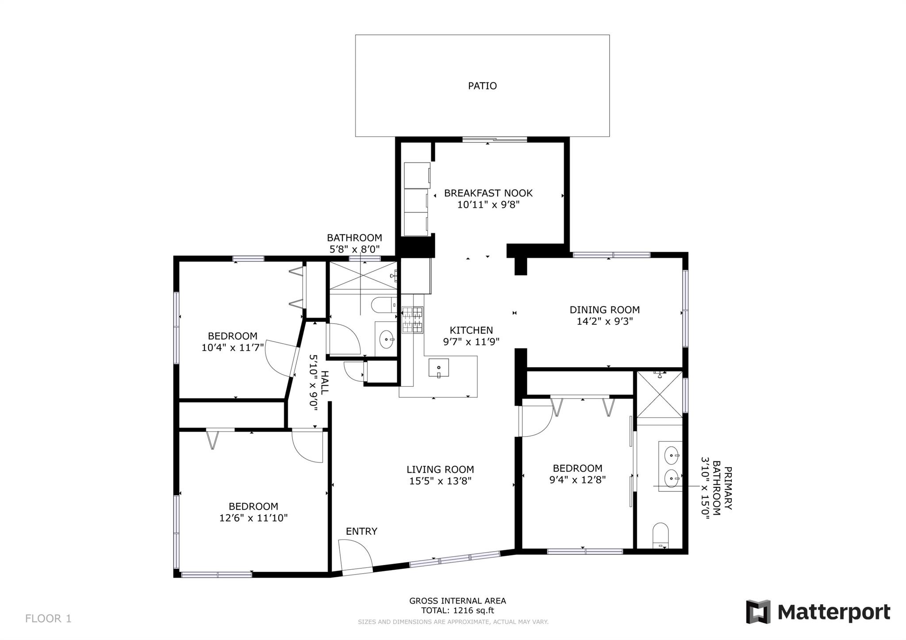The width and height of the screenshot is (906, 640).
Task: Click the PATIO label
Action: click(482, 86)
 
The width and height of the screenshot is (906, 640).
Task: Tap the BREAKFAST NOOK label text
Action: click(488, 193)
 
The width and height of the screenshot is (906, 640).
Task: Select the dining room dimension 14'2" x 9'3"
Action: click(604, 322)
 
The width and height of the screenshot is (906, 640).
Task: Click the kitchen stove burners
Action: click(412, 320)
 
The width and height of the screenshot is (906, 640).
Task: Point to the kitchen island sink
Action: click(438, 368)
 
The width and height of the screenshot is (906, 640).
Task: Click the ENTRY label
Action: click(361, 532)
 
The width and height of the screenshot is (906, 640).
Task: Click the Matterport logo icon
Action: click(758, 612)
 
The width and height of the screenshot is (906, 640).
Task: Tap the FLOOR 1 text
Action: click(48, 618)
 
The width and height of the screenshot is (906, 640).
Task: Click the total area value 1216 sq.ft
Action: click(473, 611)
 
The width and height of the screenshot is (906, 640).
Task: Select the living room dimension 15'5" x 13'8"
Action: click(440, 481)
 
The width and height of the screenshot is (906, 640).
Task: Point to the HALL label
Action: click(325, 383)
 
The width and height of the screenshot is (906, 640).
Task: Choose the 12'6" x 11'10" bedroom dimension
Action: click(253, 518)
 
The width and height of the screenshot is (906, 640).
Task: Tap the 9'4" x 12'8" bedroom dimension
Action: click(577, 479)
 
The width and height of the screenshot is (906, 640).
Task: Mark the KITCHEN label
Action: click(471, 330)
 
